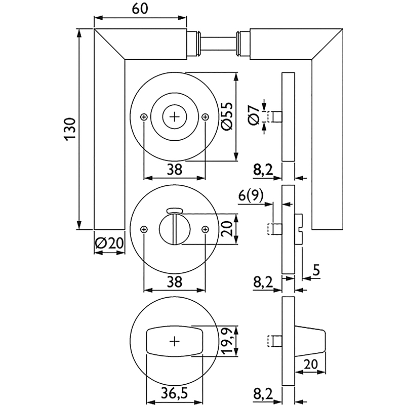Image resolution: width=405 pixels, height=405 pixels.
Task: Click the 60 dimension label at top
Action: click(x=140, y=9)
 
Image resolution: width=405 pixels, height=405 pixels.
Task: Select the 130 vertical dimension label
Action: click(x=70, y=129)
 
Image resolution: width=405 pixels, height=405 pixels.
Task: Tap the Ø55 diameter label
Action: click(x=227, y=116)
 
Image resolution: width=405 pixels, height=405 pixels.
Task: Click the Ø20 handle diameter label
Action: click(x=109, y=244)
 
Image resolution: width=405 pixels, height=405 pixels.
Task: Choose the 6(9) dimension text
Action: click(x=251, y=195)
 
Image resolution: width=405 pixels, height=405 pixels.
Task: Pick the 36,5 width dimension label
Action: click(x=174, y=394)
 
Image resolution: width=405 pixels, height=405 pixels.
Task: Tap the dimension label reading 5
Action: click(x=316, y=270)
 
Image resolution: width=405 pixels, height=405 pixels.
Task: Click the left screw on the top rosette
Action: click(x=144, y=117)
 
